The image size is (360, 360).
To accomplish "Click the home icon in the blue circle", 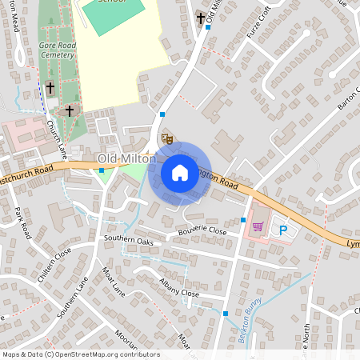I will (x=179, y=173).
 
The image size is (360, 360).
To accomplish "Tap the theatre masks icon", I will (x=167, y=138).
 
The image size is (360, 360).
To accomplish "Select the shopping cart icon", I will (x=258, y=226).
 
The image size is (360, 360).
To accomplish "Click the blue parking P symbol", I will (x=282, y=230).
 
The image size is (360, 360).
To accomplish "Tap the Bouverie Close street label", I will (x=203, y=230).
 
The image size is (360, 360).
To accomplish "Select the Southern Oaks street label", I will (x=128, y=240).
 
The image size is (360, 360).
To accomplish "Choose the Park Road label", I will (x=22, y=223).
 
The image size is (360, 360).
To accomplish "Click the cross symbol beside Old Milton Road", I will (x=200, y=18).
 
